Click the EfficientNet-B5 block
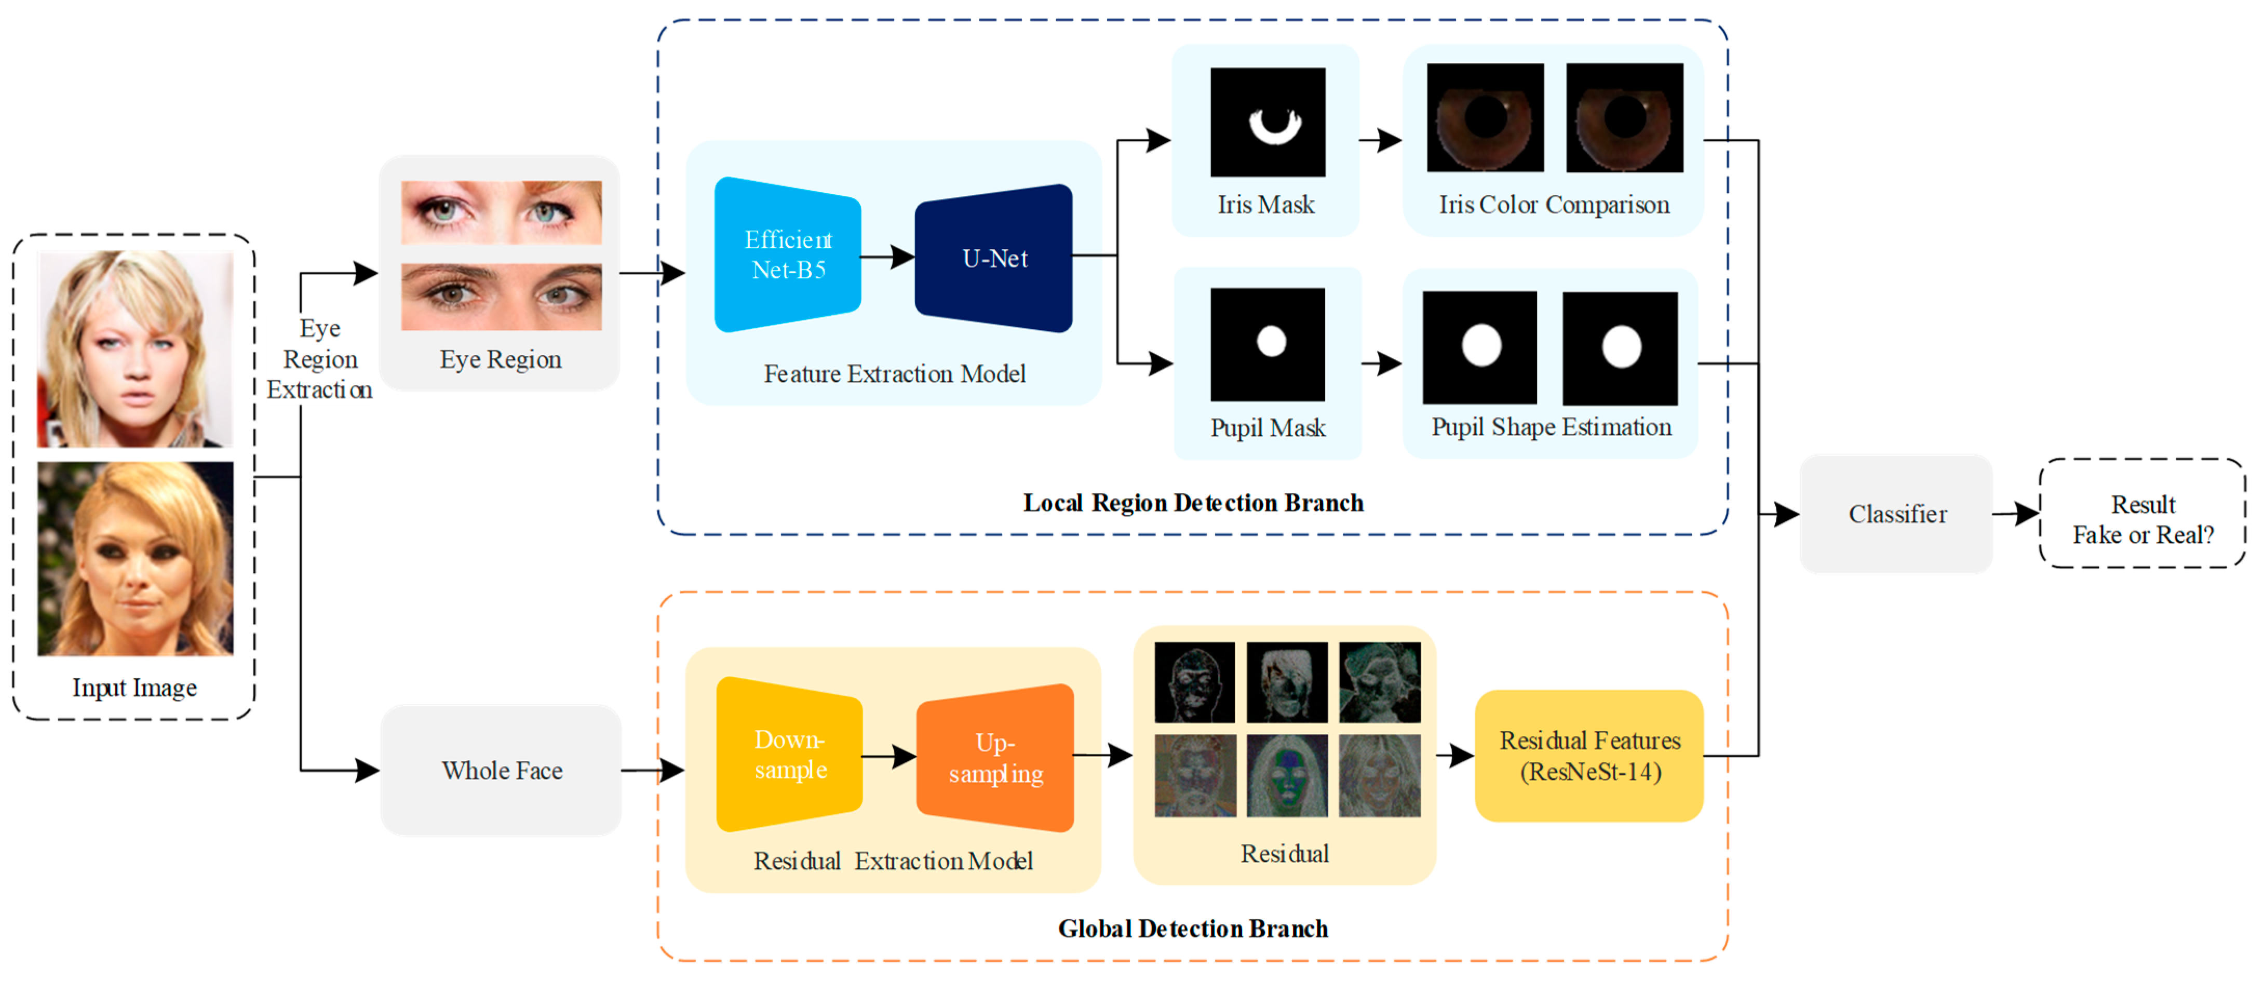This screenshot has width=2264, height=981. pos(788,255)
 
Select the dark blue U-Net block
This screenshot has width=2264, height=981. pos(993,258)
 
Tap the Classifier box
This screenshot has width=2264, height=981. pos(1897,514)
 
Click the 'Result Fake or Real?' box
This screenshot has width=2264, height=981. pos(2142,514)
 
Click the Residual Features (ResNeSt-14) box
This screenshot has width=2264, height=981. pos(1589,756)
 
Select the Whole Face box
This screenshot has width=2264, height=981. pos(501,770)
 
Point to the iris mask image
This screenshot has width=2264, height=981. pos(1268,122)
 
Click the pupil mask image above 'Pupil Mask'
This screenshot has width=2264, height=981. pos(1268,344)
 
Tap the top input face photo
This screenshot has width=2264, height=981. pos(136,349)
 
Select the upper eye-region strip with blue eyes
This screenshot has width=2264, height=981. pos(501,213)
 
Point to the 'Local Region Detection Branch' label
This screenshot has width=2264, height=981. pos(1193,503)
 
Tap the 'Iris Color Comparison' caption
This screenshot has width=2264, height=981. pos(1554,205)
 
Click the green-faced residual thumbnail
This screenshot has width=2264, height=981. pos(1287,775)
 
